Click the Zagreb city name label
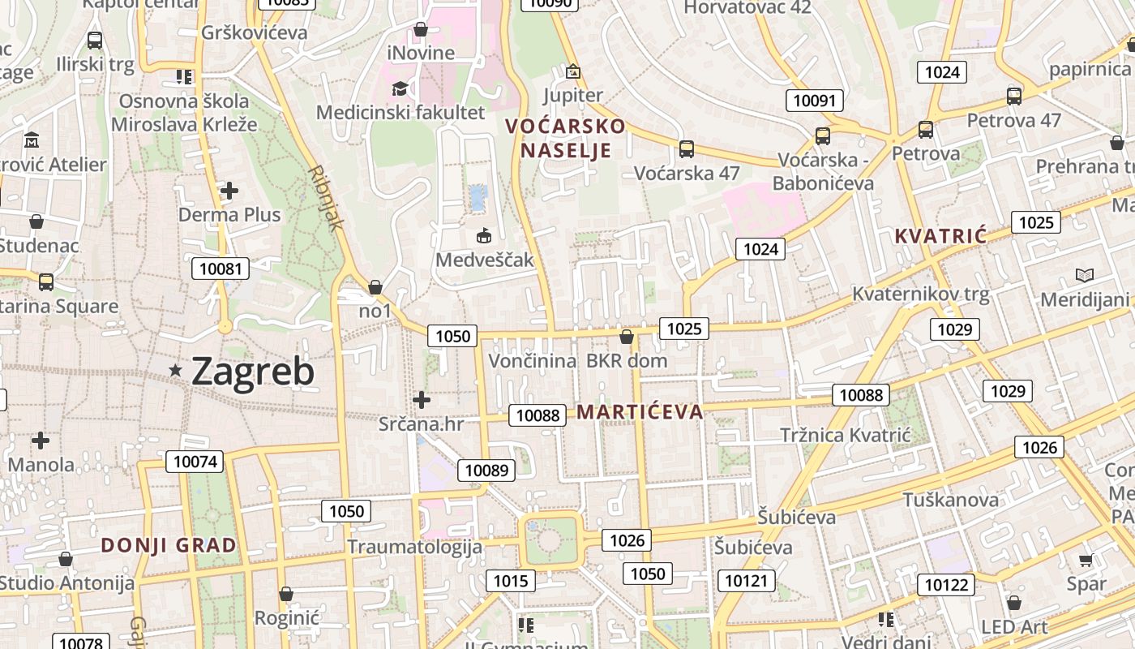click(x=253, y=372)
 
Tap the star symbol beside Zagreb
click(x=175, y=370)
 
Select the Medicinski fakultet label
click(x=400, y=113)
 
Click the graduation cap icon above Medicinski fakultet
click(x=400, y=88)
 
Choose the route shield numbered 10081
click(x=221, y=269)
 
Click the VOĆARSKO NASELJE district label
click(x=565, y=138)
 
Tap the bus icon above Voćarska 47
click(x=686, y=148)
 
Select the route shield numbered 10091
click(x=814, y=101)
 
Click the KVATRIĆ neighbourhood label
click(x=940, y=236)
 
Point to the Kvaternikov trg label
click(x=921, y=294)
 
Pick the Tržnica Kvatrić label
click(x=846, y=435)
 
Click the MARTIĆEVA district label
click(x=640, y=412)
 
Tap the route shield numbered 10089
click(x=486, y=470)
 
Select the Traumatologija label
click(x=414, y=547)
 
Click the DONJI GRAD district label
click(x=169, y=545)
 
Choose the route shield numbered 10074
click(x=195, y=462)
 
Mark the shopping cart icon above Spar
click(x=1086, y=560)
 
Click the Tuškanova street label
click(x=950, y=499)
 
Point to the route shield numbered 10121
click(x=745, y=580)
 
